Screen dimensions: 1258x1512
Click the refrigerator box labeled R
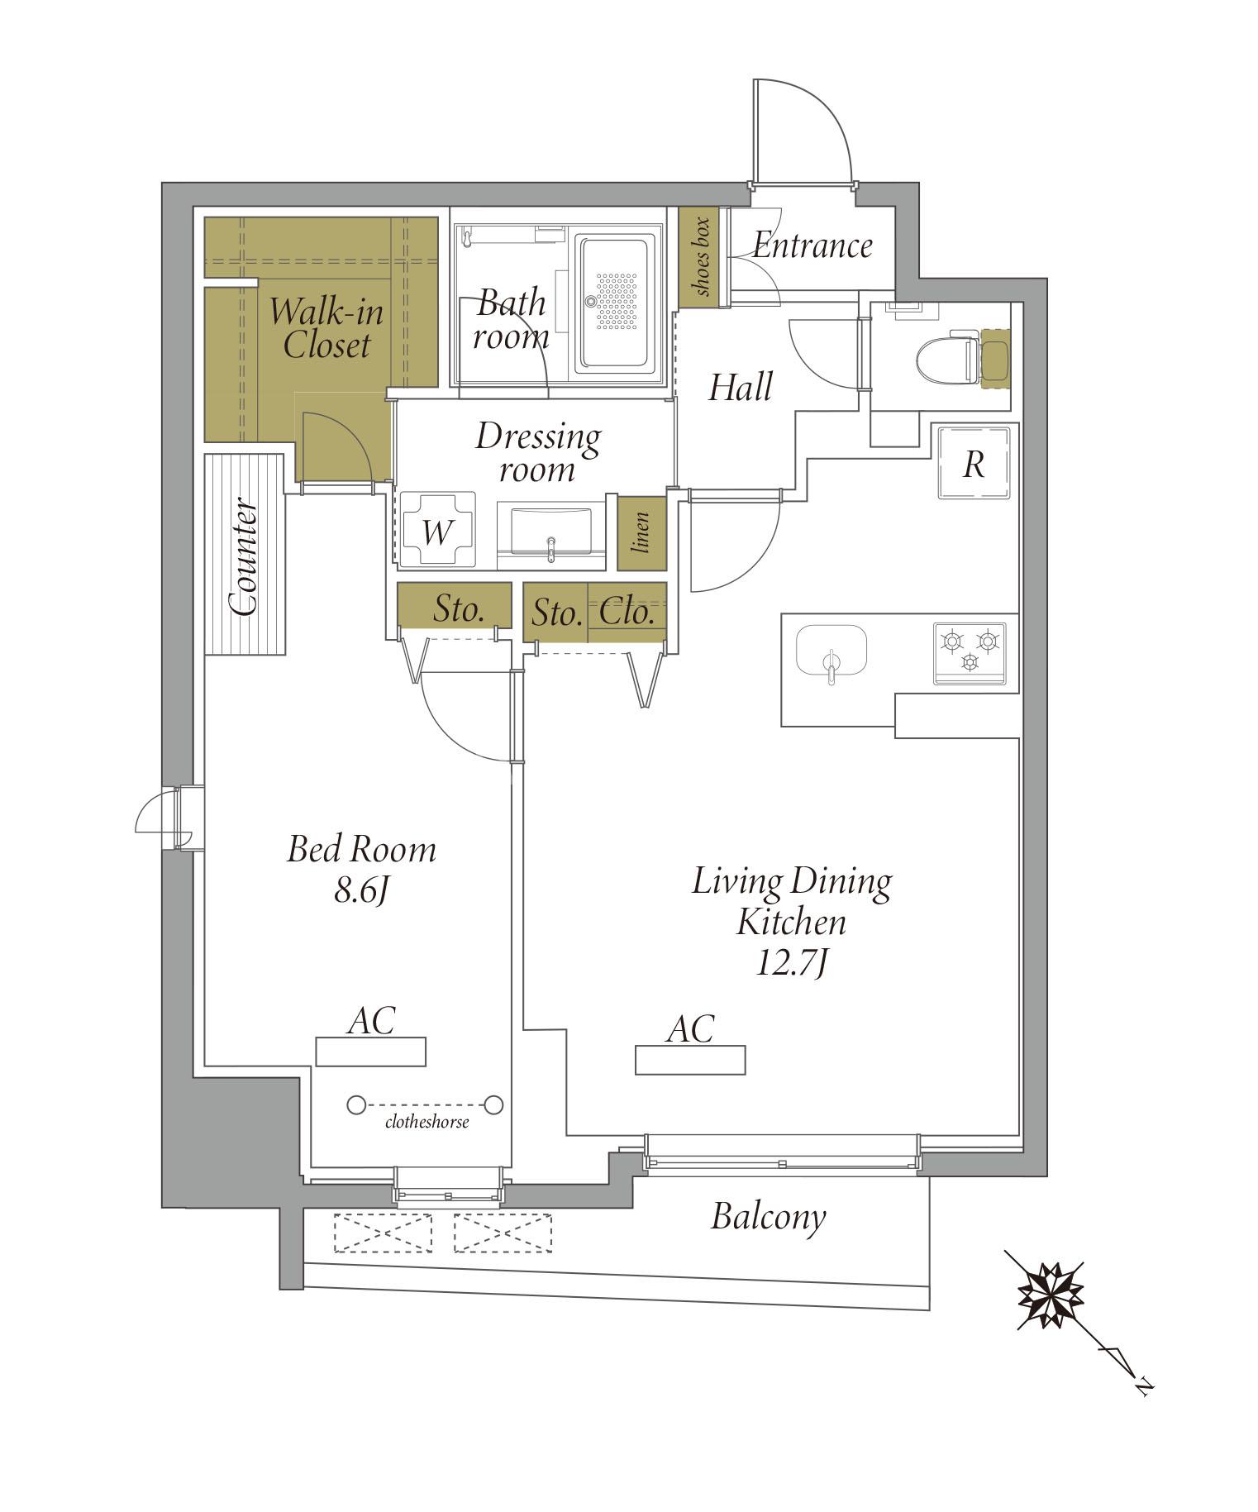coord(974,463)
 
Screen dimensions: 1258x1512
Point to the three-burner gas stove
coord(970,653)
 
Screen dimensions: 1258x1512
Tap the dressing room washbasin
coord(551,533)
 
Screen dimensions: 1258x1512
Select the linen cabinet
coord(641,533)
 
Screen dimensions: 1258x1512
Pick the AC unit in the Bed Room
coord(370,1052)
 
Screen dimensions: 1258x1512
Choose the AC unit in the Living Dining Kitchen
coord(690,1060)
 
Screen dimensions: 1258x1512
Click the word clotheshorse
coord(427,1122)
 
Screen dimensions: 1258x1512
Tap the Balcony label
coord(769,1216)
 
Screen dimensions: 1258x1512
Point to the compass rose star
coord(1050,1295)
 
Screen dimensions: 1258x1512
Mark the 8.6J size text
coord(361,891)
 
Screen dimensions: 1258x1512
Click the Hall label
coord(741,387)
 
